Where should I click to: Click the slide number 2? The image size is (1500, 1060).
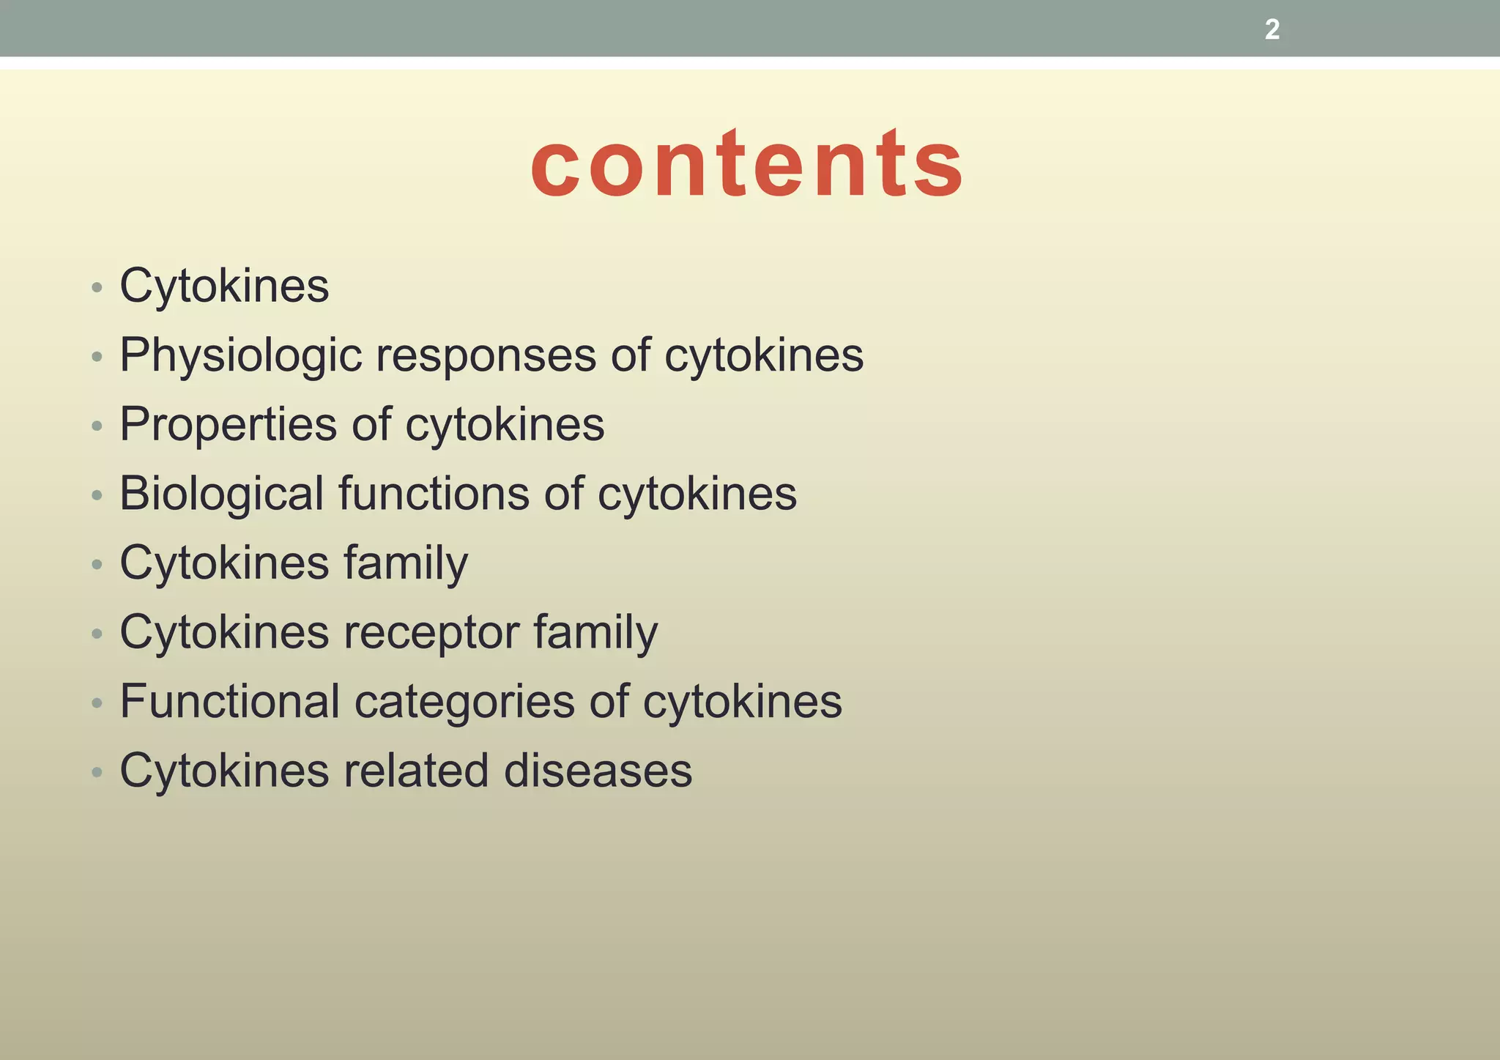(x=1272, y=30)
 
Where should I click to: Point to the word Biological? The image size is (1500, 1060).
(x=221, y=493)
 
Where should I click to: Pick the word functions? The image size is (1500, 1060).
(x=434, y=493)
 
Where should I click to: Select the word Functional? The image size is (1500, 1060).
(x=230, y=701)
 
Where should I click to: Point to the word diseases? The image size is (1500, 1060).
(x=598, y=771)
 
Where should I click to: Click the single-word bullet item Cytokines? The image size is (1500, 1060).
(x=224, y=286)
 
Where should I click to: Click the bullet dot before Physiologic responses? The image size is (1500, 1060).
(x=97, y=357)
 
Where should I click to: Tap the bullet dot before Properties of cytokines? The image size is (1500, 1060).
(x=97, y=426)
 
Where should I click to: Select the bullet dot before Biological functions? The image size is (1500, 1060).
(x=97, y=495)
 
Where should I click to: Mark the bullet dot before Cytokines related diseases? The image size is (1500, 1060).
(x=97, y=772)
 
